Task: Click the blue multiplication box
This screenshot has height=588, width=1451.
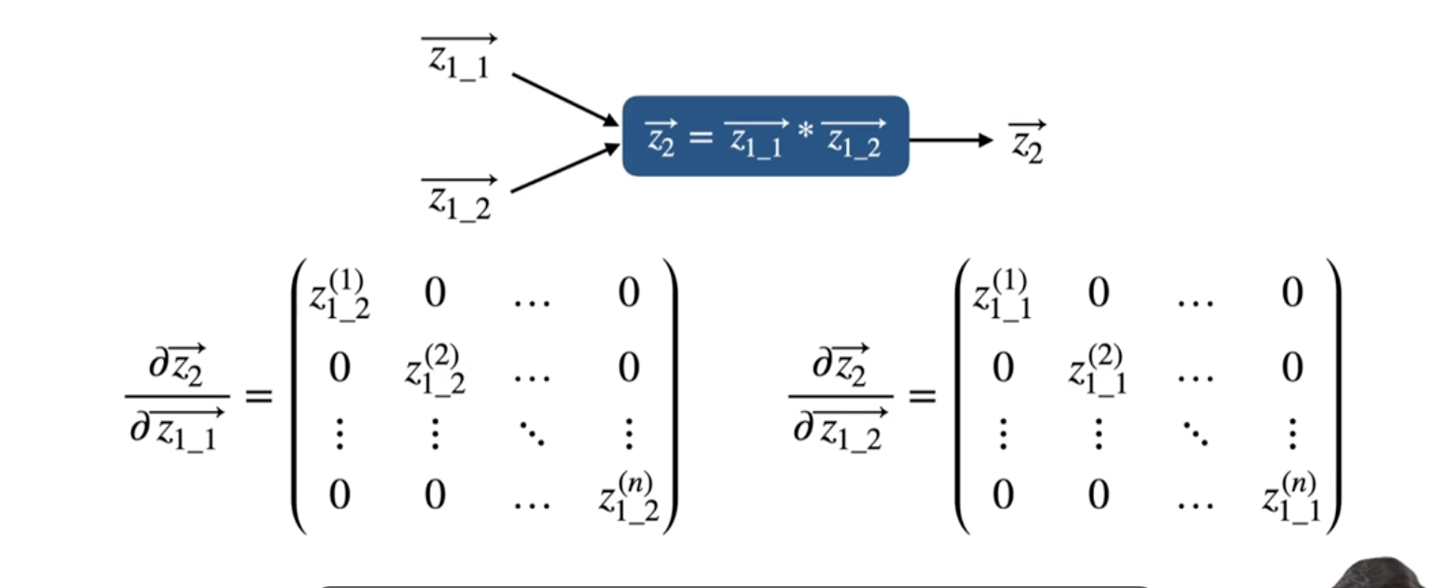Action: pyautogui.click(x=764, y=136)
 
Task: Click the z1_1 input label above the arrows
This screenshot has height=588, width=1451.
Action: pyautogui.click(x=459, y=59)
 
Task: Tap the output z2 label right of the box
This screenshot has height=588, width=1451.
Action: pyautogui.click(x=1027, y=142)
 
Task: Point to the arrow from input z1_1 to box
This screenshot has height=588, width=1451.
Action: pyautogui.click(x=564, y=99)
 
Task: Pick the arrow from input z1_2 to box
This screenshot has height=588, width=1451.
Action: pyautogui.click(x=564, y=168)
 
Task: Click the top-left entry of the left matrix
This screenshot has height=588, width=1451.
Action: pyautogui.click(x=339, y=294)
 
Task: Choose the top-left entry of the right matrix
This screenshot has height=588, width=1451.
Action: pyautogui.click(x=1000, y=294)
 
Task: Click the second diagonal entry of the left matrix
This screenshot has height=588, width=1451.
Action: pyautogui.click(x=435, y=368)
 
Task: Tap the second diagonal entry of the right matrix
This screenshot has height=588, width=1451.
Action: pyautogui.click(x=1097, y=368)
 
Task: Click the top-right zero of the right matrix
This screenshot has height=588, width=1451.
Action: pyautogui.click(x=1291, y=294)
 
